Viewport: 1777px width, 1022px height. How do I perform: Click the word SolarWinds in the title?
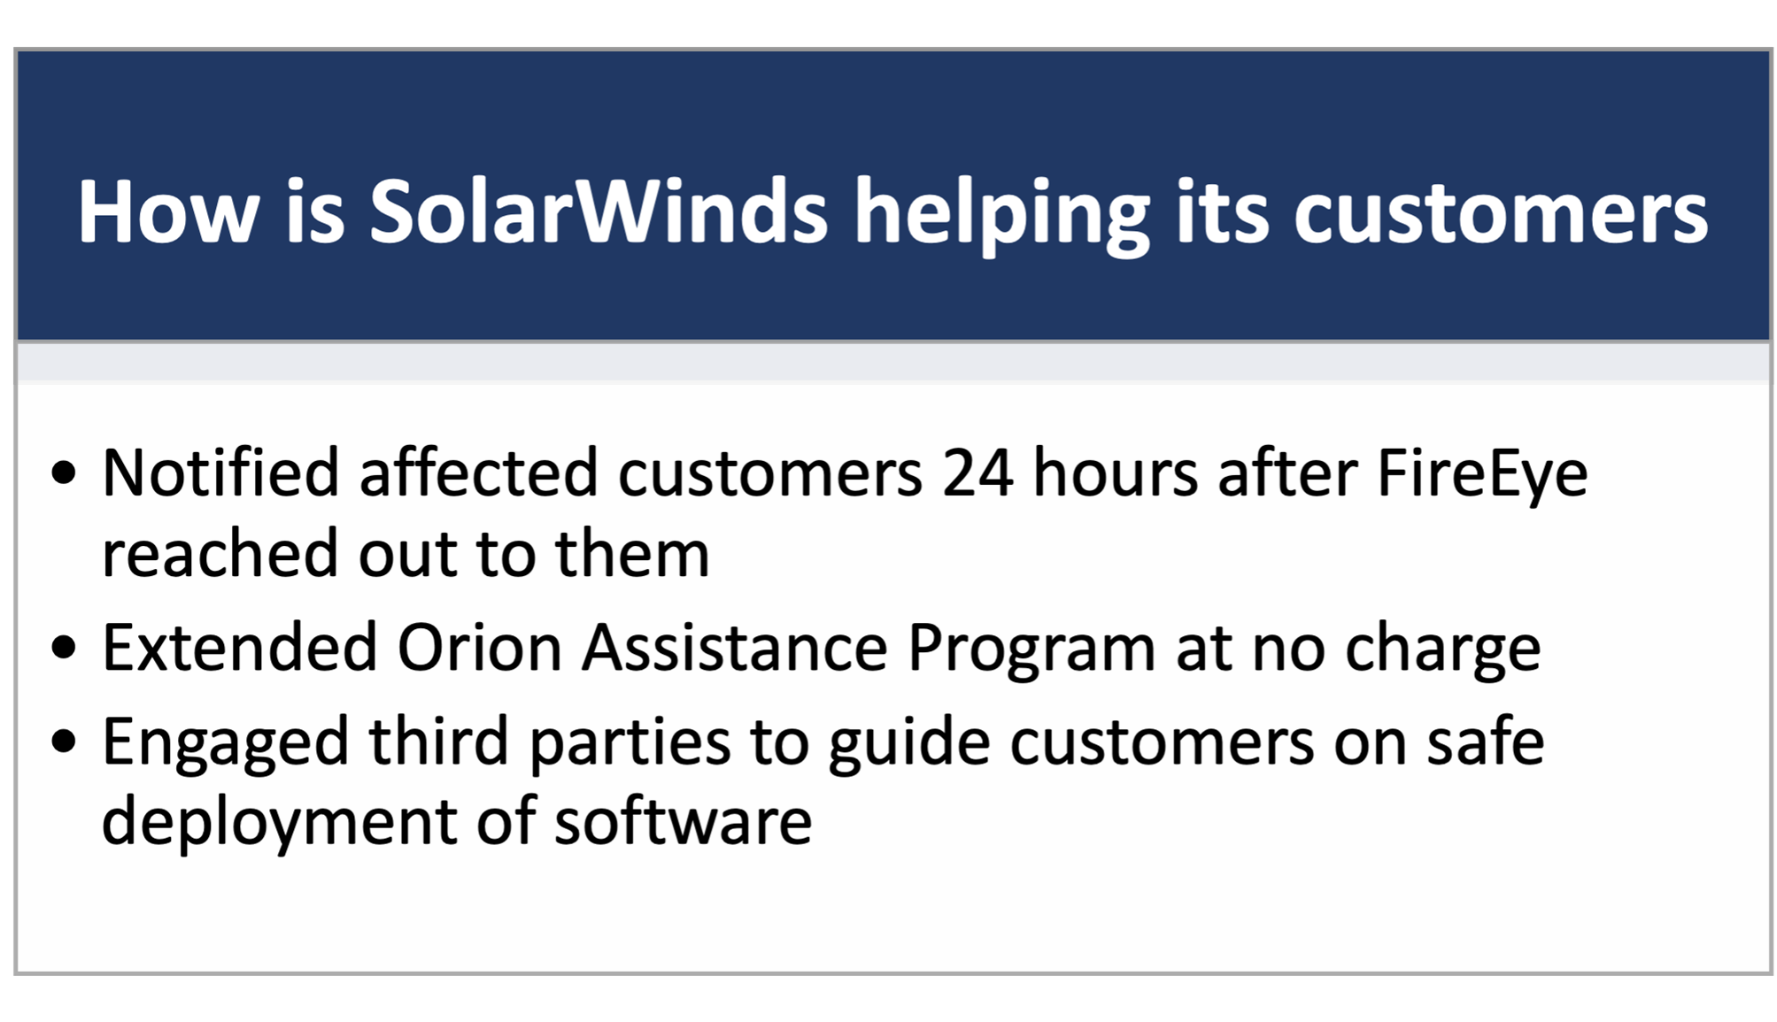point(599,211)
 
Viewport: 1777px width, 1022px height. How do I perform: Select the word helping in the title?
point(1001,217)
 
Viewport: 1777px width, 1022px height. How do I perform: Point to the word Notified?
point(220,473)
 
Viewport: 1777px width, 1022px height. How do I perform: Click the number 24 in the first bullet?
point(977,473)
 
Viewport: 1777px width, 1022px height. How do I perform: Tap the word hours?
point(1116,473)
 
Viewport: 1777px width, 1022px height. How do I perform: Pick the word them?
point(632,553)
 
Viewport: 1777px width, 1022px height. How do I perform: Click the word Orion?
point(479,648)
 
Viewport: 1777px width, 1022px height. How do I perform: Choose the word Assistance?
point(734,648)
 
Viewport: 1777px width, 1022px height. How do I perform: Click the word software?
point(683,820)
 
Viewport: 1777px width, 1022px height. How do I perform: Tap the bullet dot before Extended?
point(64,648)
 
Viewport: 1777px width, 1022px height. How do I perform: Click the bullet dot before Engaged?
point(64,741)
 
